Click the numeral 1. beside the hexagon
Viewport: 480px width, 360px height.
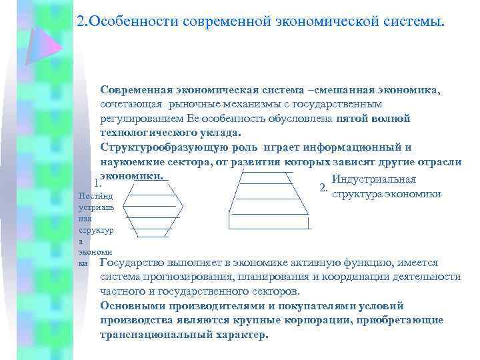point(97,183)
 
